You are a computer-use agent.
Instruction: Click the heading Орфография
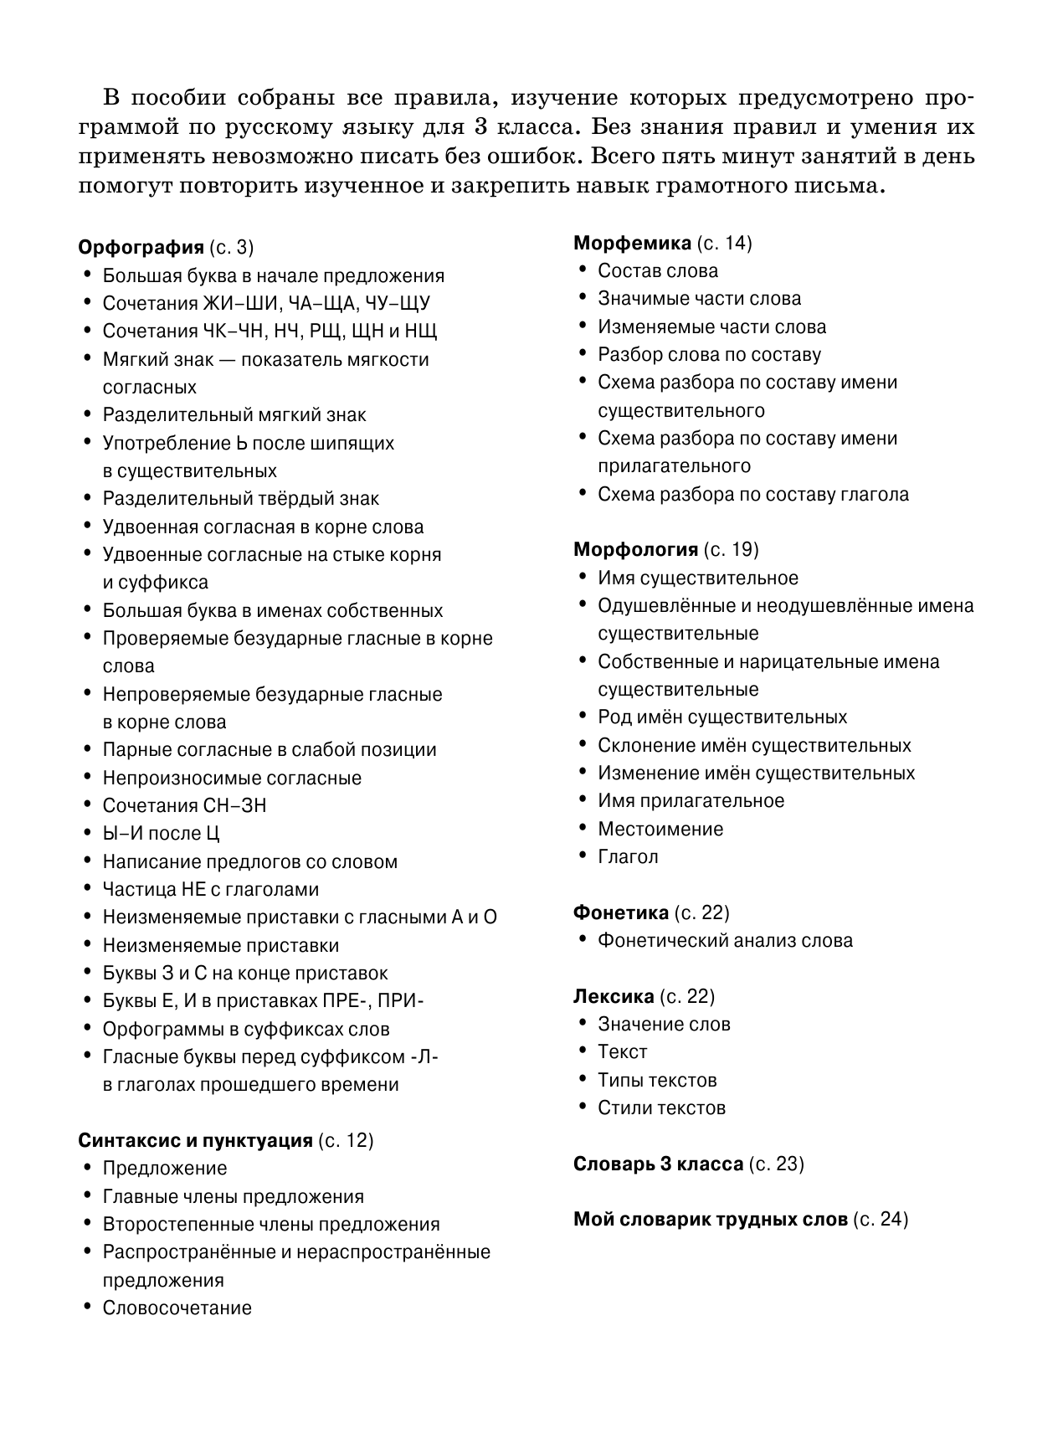141,248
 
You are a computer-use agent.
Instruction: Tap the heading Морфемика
632,244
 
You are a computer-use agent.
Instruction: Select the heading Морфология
635,550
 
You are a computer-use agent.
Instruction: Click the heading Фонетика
621,913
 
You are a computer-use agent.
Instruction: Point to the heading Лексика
614,997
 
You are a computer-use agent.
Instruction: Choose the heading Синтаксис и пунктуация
195,1141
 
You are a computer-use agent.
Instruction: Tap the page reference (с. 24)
881,1220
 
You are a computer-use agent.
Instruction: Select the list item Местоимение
660,830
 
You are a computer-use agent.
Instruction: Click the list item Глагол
628,857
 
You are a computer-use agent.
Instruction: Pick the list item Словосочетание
177,1308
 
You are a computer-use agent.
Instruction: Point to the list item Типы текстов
657,1081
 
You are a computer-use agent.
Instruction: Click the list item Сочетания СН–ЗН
184,806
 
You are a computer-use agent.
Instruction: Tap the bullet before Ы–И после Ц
87,833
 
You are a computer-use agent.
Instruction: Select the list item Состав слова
658,271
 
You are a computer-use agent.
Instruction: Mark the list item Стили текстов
661,1108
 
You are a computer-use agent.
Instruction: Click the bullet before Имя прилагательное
582,800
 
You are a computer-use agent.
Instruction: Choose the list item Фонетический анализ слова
725,941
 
